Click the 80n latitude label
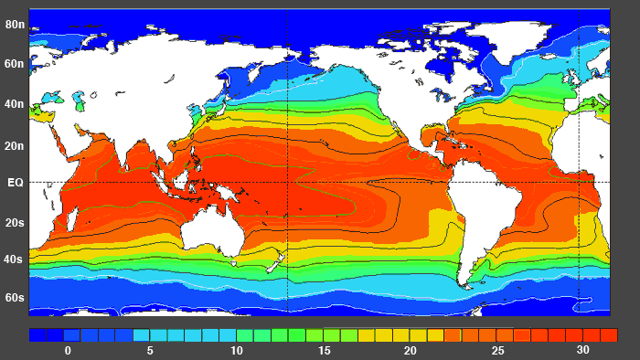pos(15,24)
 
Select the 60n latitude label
pos(15,64)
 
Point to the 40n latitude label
pos(15,104)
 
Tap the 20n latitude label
pos(15,145)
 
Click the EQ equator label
pos(15,183)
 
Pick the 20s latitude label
pos(15,222)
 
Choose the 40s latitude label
pos(15,259)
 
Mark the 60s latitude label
pos(15,298)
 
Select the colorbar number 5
pos(150,351)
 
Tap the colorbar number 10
pos(237,351)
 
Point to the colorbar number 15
pos(324,351)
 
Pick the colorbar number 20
pos(411,351)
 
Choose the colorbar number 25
pos(497,351)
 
